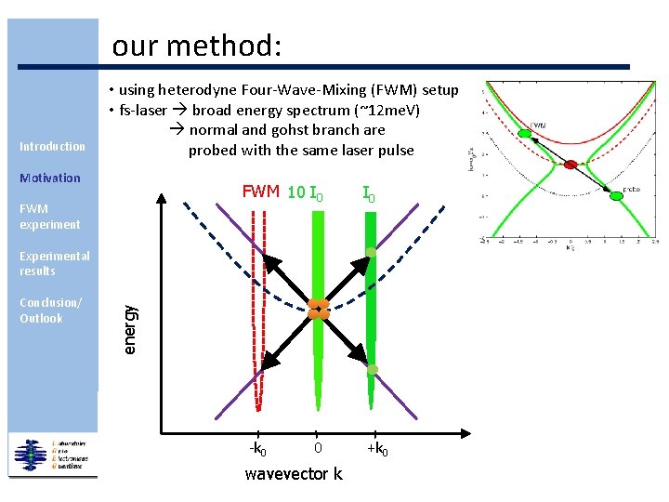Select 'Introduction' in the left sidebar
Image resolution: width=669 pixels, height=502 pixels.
[52, 146]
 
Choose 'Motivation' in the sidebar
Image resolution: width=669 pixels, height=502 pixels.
[50, 178]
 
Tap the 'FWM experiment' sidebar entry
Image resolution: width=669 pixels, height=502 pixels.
[49, 217]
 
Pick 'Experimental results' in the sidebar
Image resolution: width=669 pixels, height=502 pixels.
[55, 263]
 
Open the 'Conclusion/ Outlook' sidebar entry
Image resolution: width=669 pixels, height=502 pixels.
[50, 310]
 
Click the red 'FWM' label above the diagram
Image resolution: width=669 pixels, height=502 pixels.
[261, 192]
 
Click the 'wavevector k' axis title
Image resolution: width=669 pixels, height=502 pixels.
[293, 475]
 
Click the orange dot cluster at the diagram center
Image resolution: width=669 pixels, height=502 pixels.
[318, 309]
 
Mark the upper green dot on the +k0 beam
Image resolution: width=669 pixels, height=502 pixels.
[371, 253]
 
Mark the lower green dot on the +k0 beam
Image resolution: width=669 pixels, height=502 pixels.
[371, 370]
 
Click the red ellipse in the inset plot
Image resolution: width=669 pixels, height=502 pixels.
[571, 164]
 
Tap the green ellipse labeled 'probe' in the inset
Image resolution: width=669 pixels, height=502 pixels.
[617, 194]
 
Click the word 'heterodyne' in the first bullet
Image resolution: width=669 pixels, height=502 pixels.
[196, 90]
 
